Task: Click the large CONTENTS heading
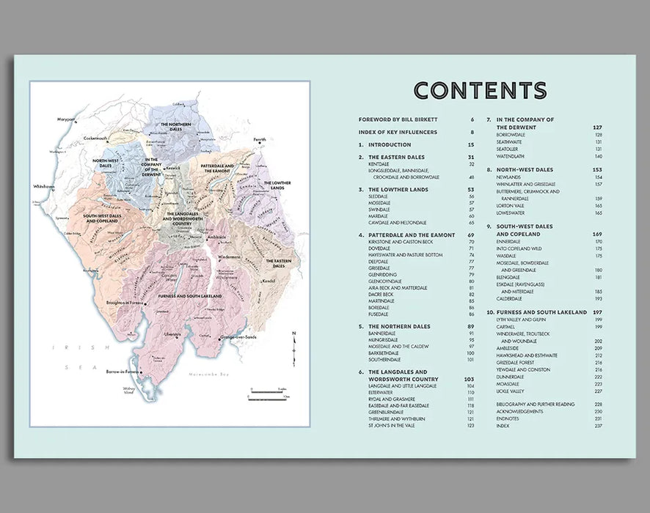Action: point(480,90)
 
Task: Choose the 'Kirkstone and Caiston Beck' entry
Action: point(403,242)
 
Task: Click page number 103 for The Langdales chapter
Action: point(470,379)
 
